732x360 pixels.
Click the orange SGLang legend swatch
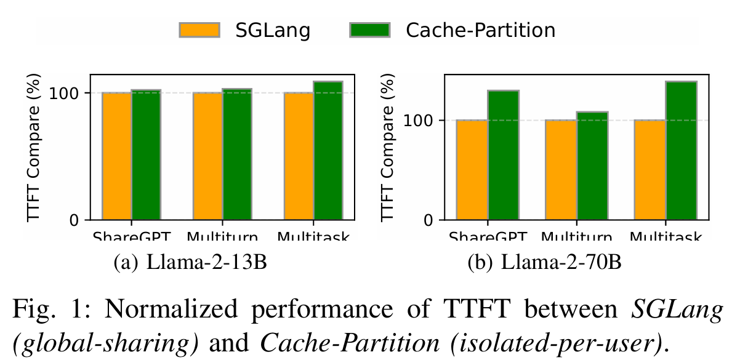199,30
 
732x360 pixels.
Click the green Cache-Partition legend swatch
369,30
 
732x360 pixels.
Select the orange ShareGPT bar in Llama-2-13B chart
116,156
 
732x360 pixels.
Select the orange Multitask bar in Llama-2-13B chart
299,156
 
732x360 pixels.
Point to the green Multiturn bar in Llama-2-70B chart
592,166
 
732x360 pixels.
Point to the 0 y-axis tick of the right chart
428,220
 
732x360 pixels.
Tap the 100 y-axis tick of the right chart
421,121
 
